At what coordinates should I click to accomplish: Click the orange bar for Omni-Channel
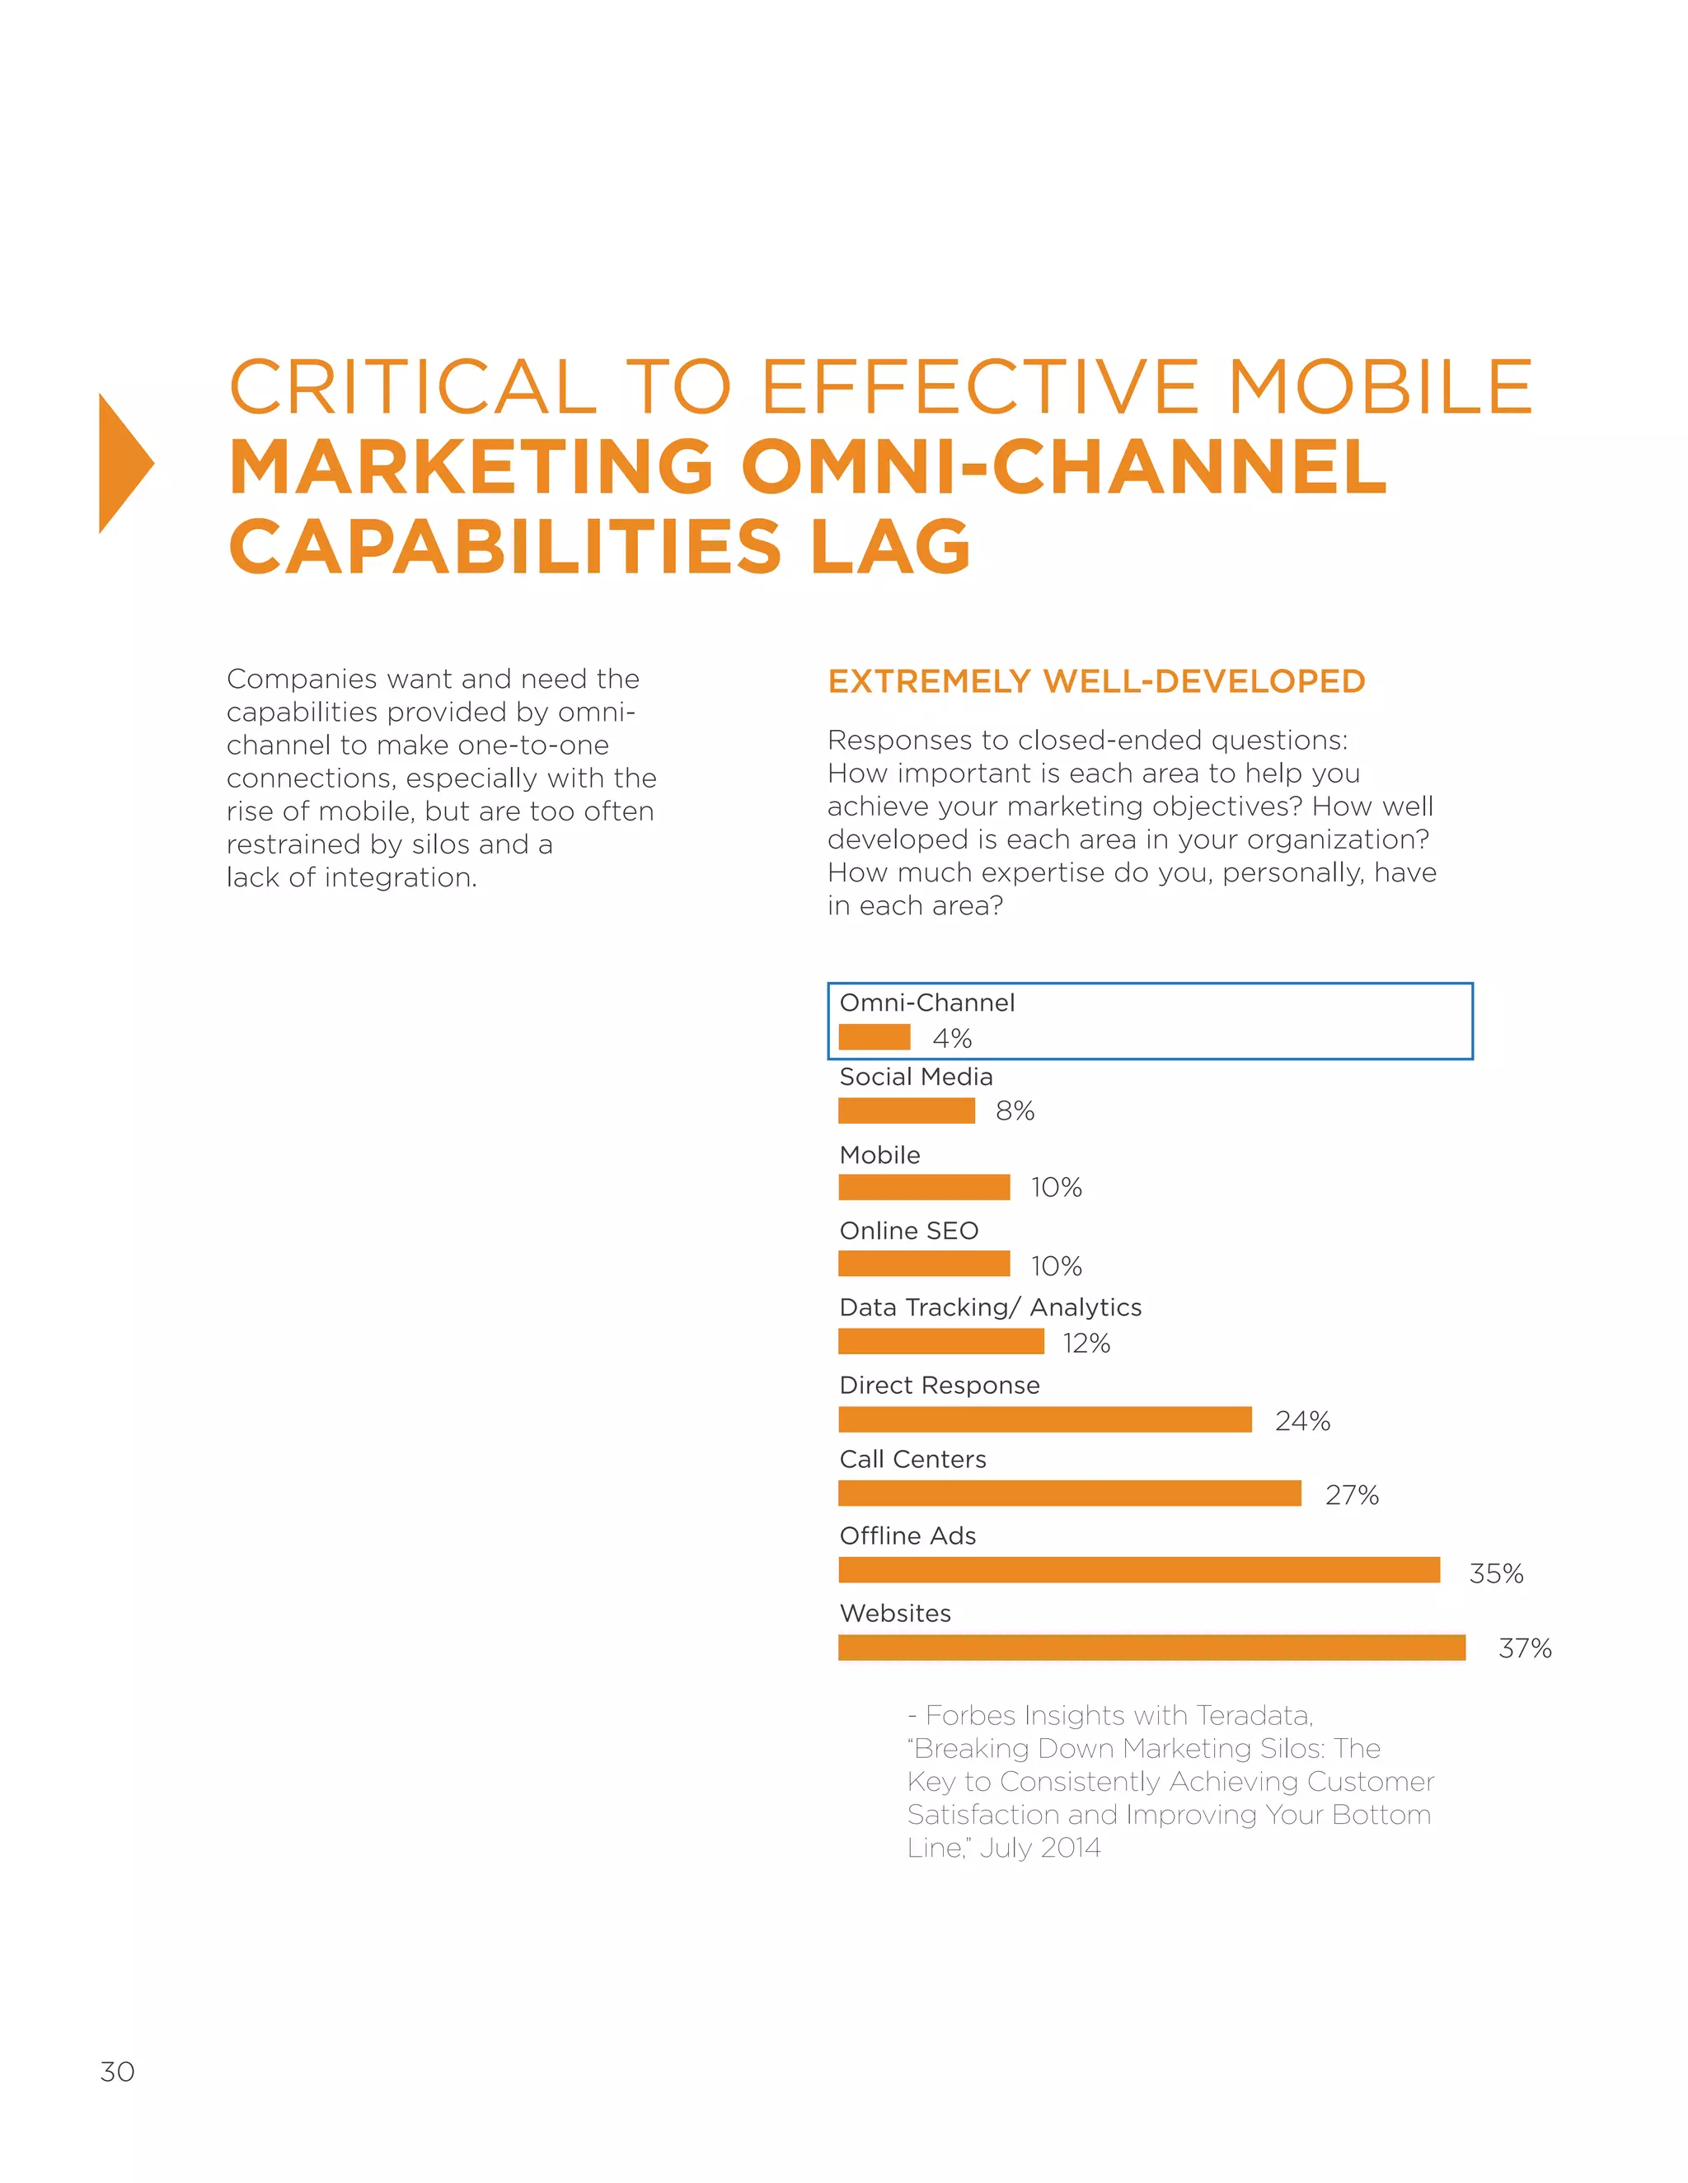[x=874, y=1036]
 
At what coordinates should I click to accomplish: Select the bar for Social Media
[x=906, y=1110]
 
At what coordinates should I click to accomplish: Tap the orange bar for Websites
[x=1151, y=1648]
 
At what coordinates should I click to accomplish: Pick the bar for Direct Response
[x=1045, y=1419]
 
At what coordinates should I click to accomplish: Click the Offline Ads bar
[x=1139, y=1569]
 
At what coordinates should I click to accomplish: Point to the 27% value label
[x=1352, y=1495]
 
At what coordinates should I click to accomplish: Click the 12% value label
[x=1086, y=1344]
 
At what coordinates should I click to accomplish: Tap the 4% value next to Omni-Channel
[x=952, y=1039]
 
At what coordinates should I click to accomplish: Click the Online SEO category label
[x=908, y=1231]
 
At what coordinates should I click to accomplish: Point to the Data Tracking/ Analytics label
[x=990, y=1307]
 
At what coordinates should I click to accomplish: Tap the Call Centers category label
[x=912, y=1460]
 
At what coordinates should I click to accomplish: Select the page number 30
[x=117, y=2071]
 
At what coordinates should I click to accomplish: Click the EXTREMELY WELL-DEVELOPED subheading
[x=1096, y=682]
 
